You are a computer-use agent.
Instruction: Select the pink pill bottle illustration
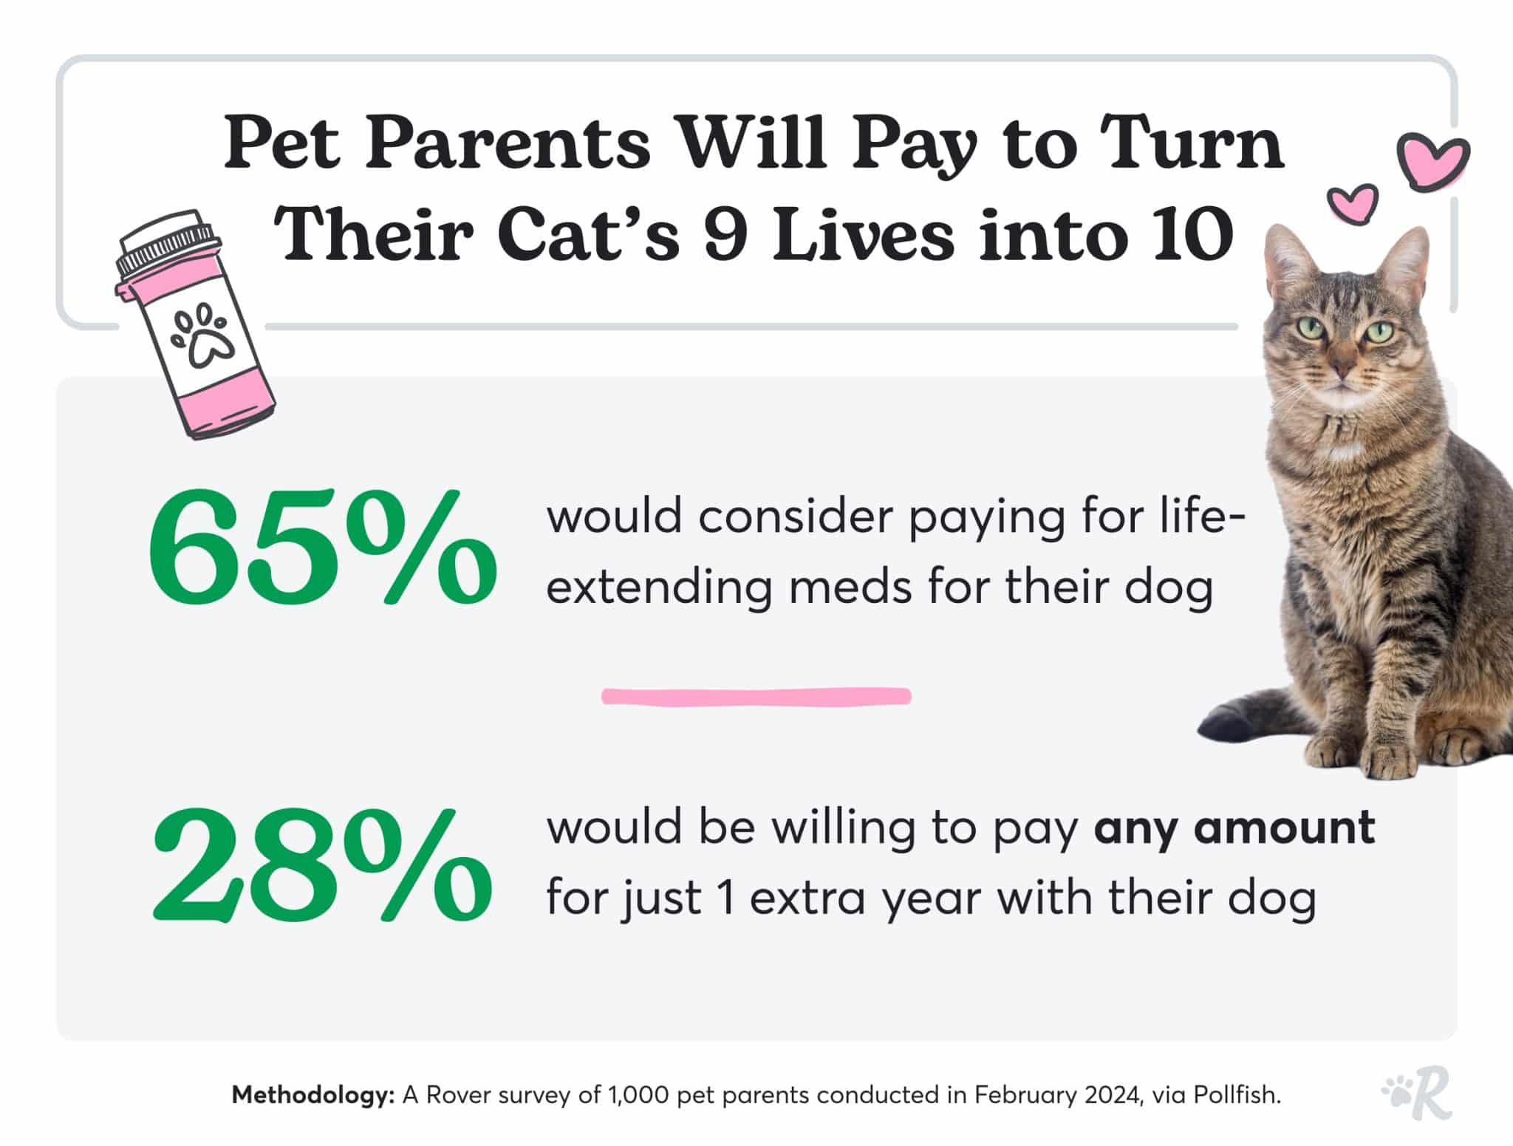(196, 325)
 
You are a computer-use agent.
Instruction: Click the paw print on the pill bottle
(202, 336)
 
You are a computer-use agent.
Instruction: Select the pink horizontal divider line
(756, 696)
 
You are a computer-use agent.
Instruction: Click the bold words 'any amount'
(1234, 828)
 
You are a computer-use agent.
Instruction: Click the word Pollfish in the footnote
(1237, 1094)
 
